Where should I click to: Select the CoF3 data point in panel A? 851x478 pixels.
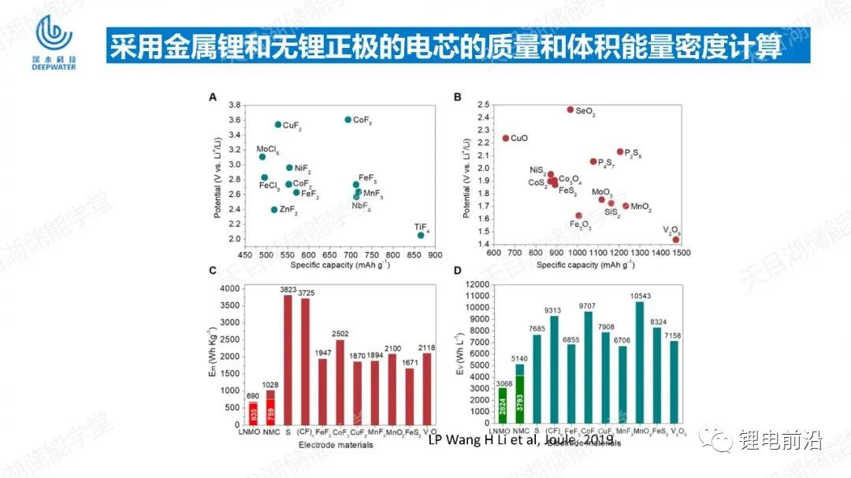pyautogui.click(x=347, y=120)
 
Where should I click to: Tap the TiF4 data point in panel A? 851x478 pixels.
pyautogui.click(x=421, y=235)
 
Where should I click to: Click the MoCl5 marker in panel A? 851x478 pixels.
pyautogui.click(x=262, y=157)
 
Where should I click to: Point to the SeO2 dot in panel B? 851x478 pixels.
pyautogui.click(x=570, y=109)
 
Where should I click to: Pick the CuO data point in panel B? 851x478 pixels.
pyautogui.click(x=506, y=139)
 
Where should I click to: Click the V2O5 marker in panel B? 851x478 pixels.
pyautogui.click(x=676, y=239)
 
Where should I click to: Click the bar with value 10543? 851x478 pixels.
pyautogui.click(x=640, y=363)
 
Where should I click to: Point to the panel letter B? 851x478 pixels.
pyautogui.click(x=458, y=97)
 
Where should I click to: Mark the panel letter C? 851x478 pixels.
pyautogui.click(x=213, y=272)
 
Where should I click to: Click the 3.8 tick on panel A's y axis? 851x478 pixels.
pyautogui.click(x=234, y=105)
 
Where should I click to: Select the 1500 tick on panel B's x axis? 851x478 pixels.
pyautogui.click(x=681, y=253)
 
